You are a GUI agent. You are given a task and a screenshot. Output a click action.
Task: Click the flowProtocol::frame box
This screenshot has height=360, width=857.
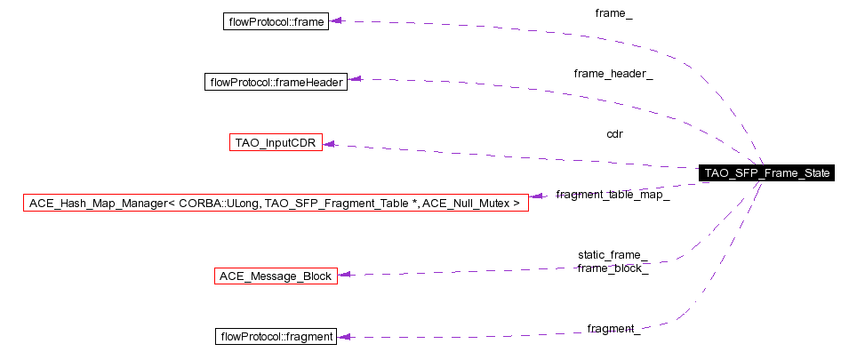[x=276, y=20]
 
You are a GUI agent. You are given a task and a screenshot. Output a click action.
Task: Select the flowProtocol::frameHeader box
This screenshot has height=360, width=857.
[x=276, y=82]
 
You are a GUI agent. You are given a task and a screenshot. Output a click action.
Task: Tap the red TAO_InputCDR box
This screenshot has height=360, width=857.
[x=276, y=142]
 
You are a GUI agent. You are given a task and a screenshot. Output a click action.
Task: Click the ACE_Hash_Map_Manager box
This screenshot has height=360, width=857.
[x=276, y=203]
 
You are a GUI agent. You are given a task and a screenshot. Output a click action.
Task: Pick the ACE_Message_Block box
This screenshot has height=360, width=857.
[x=276, y=276]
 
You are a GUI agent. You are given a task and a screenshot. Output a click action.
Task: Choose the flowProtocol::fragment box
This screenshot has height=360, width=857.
[x=276, y=337]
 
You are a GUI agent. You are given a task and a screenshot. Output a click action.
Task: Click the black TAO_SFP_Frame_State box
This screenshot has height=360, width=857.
[x=766, y=173]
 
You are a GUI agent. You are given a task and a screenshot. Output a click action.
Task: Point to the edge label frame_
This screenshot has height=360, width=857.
[x=613, y=13]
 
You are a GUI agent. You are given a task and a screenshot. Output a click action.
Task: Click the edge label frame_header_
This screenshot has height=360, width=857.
[x=613, y=74]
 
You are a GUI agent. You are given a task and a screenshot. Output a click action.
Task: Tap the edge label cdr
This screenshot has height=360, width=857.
[x=614, y=134]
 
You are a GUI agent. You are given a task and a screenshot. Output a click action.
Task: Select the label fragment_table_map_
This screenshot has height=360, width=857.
[x=613, y=195]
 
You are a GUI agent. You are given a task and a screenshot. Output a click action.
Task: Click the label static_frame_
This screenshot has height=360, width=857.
[x=613, y=255]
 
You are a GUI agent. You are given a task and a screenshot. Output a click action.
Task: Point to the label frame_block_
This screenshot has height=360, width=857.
[x=613, y=268]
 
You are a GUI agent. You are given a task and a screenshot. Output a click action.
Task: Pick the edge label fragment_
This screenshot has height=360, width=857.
[x=613, y=329]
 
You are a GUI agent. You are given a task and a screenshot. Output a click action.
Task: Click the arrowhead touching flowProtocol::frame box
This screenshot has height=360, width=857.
[x=336, y=20]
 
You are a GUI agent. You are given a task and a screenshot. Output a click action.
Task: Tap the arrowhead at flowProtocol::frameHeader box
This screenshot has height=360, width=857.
[x=354, y=80]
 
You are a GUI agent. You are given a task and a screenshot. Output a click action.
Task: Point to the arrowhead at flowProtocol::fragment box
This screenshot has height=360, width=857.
[x=343, y=337]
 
